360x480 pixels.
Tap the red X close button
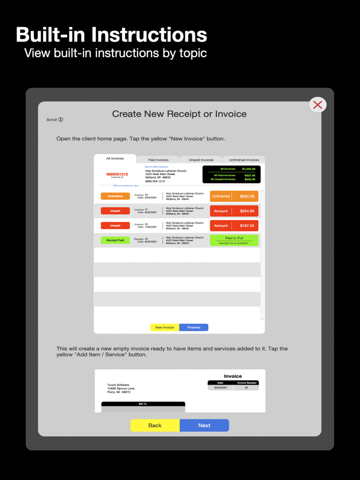pyautogui.click(x=318, y=105)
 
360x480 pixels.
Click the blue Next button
pyautogui.click(x=204, y=425)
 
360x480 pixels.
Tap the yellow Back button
pyautogui.click(x=155, y=425)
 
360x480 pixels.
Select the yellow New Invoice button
pyautogui.click(x=165, y=327)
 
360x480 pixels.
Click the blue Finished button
pyautogui.click(x=194, y=327)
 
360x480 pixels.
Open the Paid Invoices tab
pyautogui.click(x=158, y=160)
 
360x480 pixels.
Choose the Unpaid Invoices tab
pyautogui.click(x=201, y=160)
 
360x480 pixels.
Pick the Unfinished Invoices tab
pyautogui.click(x=244, y=160)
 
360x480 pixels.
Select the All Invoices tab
pyautogui.click(x=115, y=159)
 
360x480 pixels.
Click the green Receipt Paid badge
pyautogui.click(x=115, y=240)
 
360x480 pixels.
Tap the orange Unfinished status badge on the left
pyautogui.click(x=115, y=196)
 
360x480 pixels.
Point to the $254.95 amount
pyautogui.click(x=247, y=211)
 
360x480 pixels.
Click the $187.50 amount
pyautogui.click(x=247, y=226)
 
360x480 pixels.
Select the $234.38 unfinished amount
pyautogui.click(x=247, y=196)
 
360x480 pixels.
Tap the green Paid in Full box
pyautogui.click(x=234, y=240)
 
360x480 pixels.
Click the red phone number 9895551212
pyautogui.click(x=117, y=174)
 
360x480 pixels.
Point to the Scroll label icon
pyautogui.click(x=61, y=120)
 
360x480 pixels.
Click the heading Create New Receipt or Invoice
pyautogui.click(x=179, y=114)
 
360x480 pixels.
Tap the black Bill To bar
pyautogui.click(x=143, y=404)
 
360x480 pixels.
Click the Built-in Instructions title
pyautogui.click(x=112, y=35)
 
